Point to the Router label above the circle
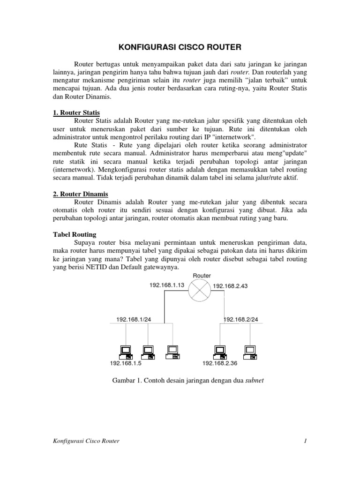pyautogui.click(x=202, y=276)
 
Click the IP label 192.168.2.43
pyautogui.click(x=231, y=285)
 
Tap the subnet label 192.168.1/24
pyautogui.click(x=134, y=320)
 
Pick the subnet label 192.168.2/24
pyautogui.click(x=241, y=320)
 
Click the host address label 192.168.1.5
pyautogui.click(x=126, y=363)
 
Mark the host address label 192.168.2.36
pyautogui.click(x=220, y=363)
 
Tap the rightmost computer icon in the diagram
pyautogui.click(x=249, y=351)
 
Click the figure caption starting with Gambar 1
pyautogui.click(x=187, y=381)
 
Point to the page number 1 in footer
pyautogui.click(x=305, y=441)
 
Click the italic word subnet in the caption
pyautogui.click(x=255, y=381)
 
